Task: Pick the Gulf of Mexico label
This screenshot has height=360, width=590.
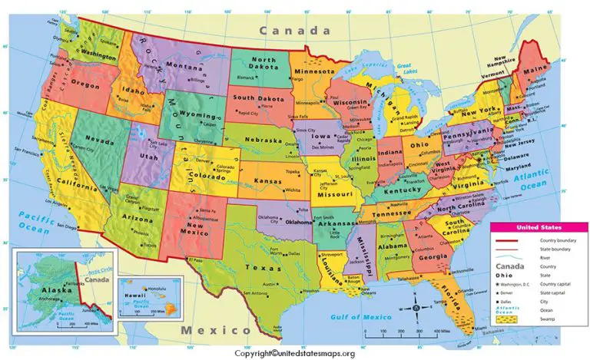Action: coord(356,316)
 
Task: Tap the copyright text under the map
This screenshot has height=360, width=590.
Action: coord(294,352)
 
